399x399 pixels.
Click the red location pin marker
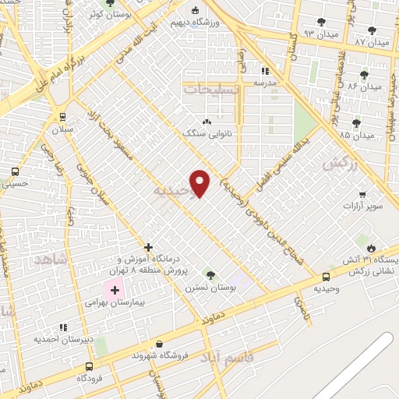click(x=201, y=182)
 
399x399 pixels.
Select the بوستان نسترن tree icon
click(x=210, y=274)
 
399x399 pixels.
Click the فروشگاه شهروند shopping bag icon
click(x=160, y=344)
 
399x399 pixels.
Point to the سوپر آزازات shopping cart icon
click(x=362, y=194)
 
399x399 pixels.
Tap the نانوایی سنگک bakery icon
click(x=206, y=121)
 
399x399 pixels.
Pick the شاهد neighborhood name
click(x=52, y=257)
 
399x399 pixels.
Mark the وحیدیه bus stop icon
click(x=326, y=276)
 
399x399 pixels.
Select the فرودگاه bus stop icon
click(x=89, y=366)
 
